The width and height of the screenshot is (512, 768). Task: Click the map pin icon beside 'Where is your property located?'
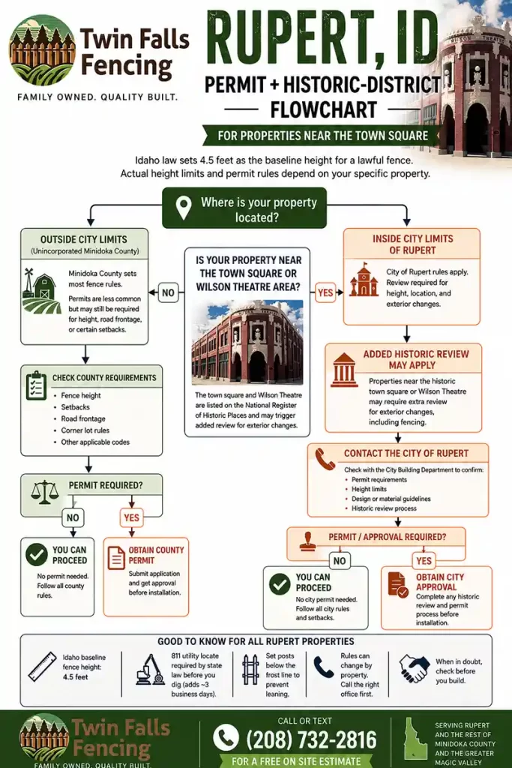pos(184,208)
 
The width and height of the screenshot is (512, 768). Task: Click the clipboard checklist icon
pos(36,385)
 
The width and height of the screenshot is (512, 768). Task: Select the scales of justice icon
pos(44,492)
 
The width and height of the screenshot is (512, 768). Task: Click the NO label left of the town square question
pos(168,293)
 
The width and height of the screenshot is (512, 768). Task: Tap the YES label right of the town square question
pos(325,293)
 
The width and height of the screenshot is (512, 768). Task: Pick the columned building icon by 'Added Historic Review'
pos(343,370)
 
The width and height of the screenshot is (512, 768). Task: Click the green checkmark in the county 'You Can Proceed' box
pos(36,554)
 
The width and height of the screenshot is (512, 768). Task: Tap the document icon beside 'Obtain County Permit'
pos(116,558)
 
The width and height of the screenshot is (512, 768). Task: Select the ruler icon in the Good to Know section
pos(43,667)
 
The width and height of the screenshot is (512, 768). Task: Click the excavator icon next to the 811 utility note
pos(150,670)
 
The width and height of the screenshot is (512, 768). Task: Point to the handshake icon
pos(414,668)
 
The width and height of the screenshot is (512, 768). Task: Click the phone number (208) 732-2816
pos(311,739)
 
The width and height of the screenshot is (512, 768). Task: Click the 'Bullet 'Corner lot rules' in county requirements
pos(85,430)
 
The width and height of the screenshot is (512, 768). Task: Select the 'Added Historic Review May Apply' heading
pos(416,359)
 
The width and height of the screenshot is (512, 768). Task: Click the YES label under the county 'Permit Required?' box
pos(132,517)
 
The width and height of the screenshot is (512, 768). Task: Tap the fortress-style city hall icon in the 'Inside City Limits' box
pos(364,280)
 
